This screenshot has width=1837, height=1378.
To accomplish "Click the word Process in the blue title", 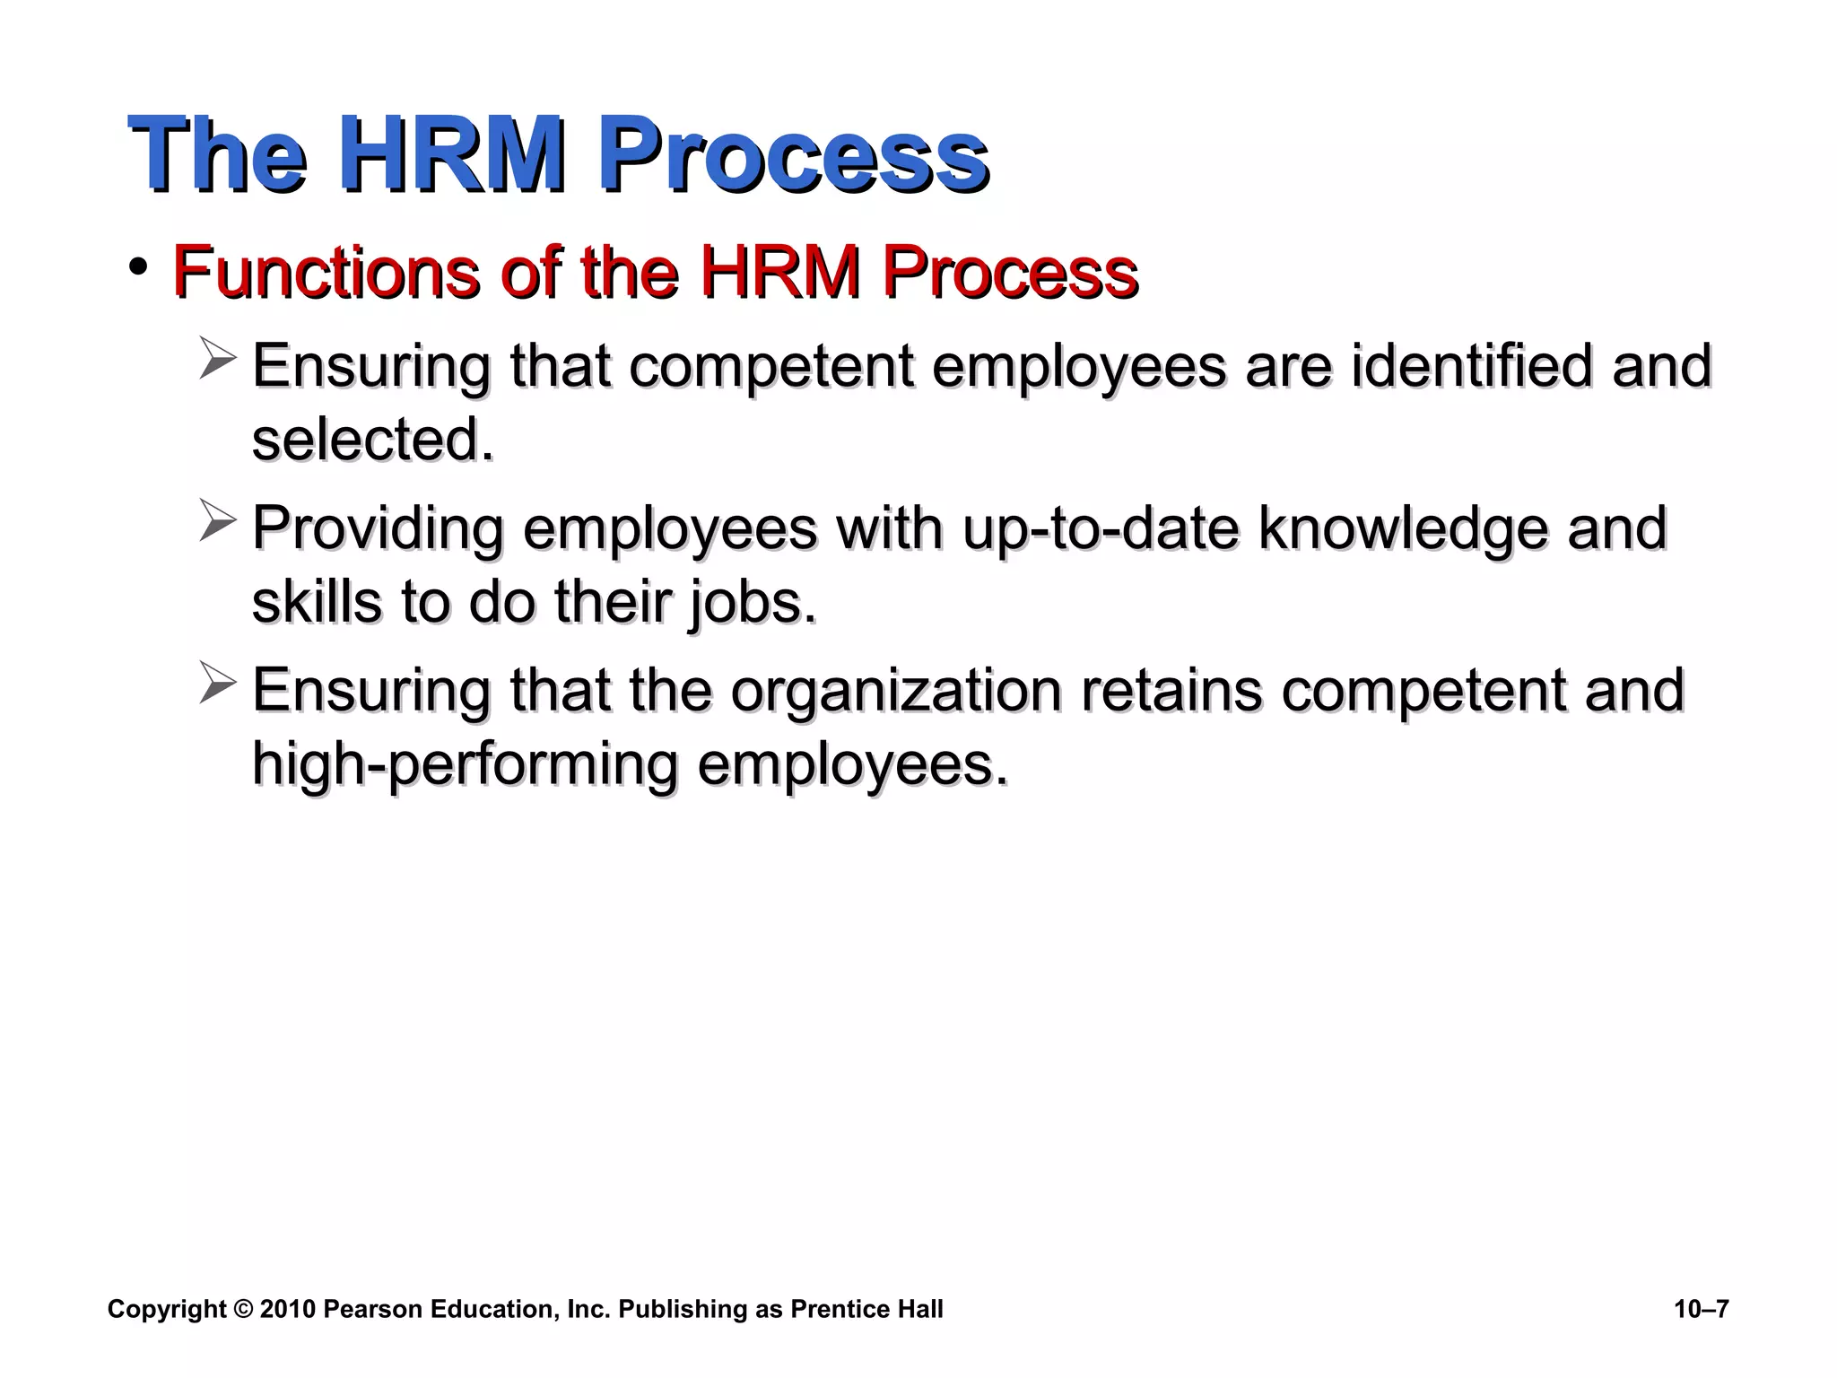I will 793,154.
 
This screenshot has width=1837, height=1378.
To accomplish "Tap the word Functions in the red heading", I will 325,271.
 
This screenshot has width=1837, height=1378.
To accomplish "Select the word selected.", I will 372,439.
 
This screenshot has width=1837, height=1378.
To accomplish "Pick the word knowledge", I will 1403,528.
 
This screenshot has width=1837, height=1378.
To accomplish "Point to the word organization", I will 896,690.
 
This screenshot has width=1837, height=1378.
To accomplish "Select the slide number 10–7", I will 1701,1310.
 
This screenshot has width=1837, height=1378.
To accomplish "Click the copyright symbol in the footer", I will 243,1310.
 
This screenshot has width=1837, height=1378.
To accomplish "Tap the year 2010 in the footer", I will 288,1310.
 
